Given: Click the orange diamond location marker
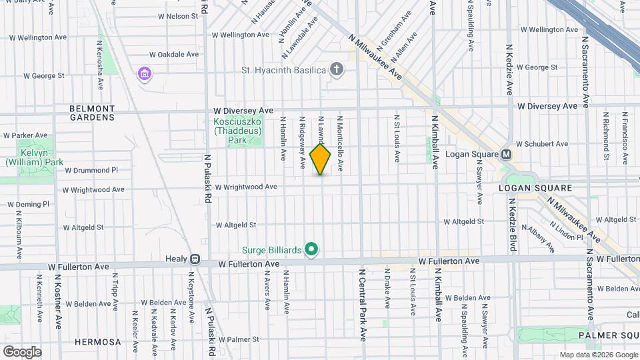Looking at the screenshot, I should (321, 159).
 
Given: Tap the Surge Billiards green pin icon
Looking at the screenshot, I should (311, 250).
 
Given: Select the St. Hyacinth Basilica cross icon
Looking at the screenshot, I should (337, 69).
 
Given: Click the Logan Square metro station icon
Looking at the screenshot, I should (507, 154).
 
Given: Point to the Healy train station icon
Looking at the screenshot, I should (195, 259).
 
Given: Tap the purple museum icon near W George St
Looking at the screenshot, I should (143, 72).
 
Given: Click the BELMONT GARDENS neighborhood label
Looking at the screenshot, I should (92, 113).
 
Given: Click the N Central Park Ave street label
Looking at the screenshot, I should (364, 303).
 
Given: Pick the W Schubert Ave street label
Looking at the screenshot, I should (541, 143).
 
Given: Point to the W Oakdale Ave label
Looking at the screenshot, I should (174, 54).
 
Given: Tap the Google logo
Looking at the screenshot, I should (22, 351).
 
